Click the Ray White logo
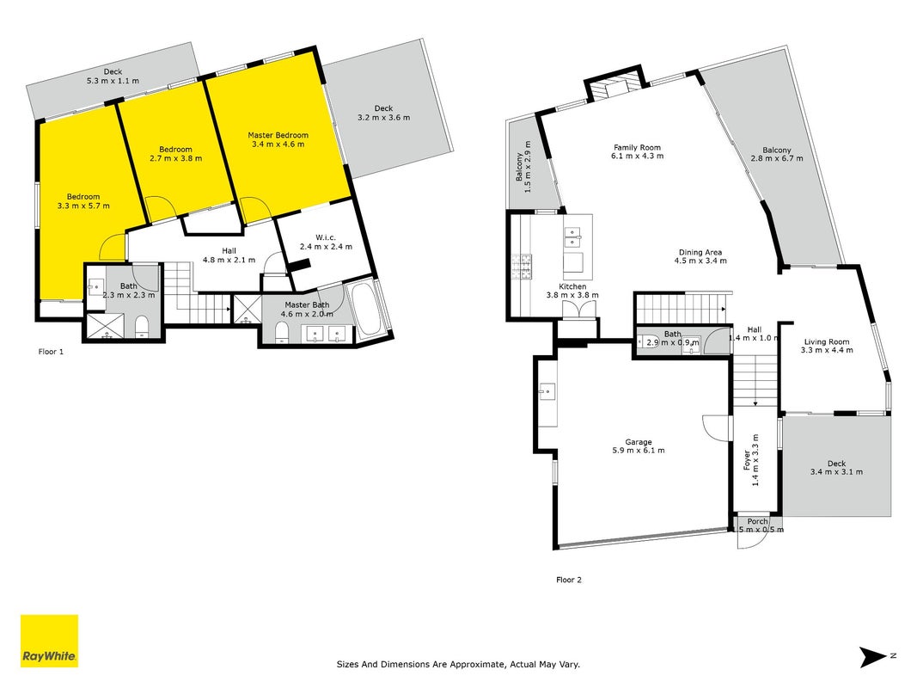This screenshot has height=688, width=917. click(49, 641)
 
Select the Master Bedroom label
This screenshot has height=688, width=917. click(278, 139)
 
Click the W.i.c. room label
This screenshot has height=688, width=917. click(326, 242)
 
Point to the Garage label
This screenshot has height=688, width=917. click(638, 446)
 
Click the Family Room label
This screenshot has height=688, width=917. click(637, 151)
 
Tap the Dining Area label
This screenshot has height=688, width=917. click(700, 256)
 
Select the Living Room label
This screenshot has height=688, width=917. click(827, 346)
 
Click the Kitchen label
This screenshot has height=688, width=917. click(572, 291)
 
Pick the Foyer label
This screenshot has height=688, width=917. click(751, 460)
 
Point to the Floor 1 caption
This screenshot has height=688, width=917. click(51, 352)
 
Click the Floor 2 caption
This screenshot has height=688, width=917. click(569, 580)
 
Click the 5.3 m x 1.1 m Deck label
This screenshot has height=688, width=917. click(113, 76)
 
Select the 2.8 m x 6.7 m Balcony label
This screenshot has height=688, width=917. click(777, 154)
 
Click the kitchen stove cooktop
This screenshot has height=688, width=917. click(523, 267)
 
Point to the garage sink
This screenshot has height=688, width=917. click(547, 390)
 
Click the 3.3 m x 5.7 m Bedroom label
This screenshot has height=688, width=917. click(83, 201)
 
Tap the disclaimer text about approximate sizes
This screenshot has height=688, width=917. click(459, 664)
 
